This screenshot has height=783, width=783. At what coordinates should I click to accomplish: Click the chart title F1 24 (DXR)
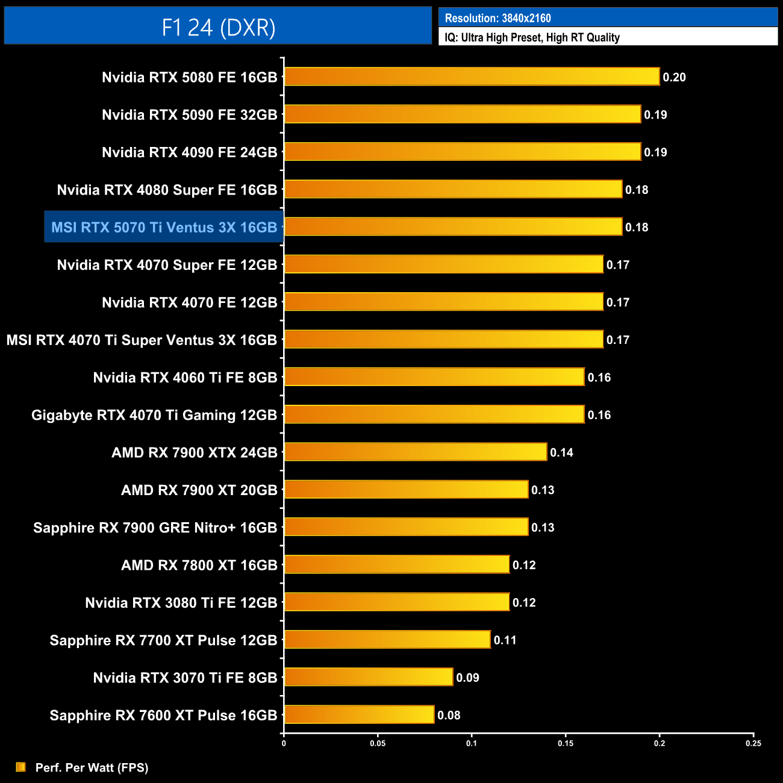(218, 27)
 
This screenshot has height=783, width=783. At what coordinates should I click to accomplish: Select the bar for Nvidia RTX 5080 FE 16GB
(472, 77)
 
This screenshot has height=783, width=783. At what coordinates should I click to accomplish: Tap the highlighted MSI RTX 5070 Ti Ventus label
(164, 227)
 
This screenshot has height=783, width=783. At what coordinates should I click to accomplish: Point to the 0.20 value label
(674, 77)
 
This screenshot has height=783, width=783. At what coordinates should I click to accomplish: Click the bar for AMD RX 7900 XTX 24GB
(416, 452)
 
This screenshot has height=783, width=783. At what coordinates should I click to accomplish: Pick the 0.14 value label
(561, 452)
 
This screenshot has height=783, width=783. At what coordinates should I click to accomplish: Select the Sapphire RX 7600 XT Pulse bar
(359, 715)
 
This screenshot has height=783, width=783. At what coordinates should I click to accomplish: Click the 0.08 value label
(449, 715)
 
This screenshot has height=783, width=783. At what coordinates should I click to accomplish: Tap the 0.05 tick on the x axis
(378, 743)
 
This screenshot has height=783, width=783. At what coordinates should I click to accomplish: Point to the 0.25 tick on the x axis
(753, 743)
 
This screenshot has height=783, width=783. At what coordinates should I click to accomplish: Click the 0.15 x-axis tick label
(566, 743)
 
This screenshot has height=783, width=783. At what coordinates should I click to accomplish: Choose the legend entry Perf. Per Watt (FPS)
(92, 767)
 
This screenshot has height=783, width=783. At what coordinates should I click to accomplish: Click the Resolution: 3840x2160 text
(498, 18)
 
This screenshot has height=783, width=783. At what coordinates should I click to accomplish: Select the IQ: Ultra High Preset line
(532, 37)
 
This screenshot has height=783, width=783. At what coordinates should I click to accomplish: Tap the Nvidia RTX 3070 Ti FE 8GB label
(185, 678)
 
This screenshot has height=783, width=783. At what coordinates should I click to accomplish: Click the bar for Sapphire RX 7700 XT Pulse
(387, 640)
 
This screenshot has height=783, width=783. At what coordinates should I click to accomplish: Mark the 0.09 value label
(467, 678)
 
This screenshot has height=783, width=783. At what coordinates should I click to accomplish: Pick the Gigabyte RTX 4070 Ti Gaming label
(154, 415)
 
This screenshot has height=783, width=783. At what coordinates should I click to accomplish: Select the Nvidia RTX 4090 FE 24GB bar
(463, 152)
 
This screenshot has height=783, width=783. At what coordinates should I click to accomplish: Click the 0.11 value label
(505, 640)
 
